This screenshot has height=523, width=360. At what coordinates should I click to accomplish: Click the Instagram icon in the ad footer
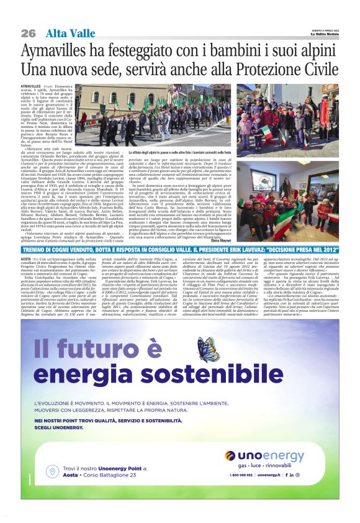(314, 474)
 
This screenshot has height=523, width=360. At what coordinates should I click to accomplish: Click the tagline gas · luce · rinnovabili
(273, 465)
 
